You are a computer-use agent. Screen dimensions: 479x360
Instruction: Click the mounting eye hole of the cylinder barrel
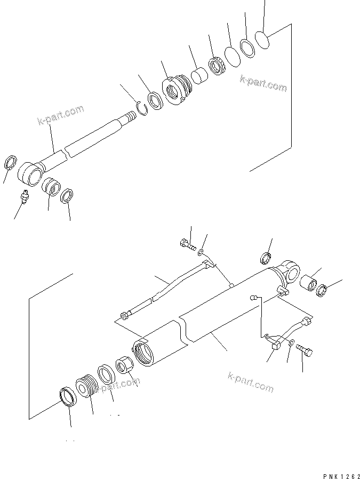click(292, 273)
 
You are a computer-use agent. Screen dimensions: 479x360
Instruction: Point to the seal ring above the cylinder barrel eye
click(265, 259)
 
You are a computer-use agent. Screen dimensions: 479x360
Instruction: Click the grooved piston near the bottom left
click(85, 386)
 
